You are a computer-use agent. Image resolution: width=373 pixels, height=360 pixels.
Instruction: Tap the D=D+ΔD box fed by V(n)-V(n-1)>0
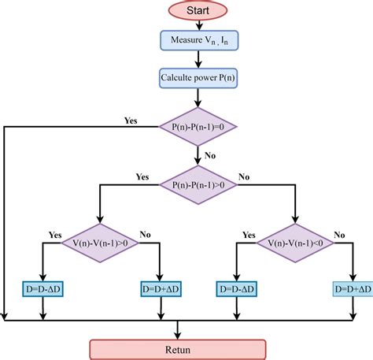[x=162, y=289]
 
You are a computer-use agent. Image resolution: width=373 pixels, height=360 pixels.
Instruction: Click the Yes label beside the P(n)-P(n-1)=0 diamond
[x=131, y=120]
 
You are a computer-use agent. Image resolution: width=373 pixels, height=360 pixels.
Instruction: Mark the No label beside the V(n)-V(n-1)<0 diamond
[x=338, y=235]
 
